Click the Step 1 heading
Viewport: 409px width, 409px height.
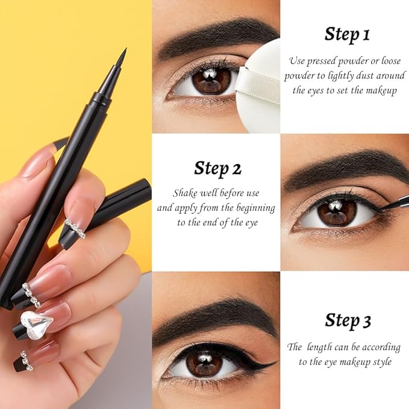point(347,34)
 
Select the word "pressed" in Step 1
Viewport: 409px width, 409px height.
point(329,61)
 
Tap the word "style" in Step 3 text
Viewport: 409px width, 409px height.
point(382,361)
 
